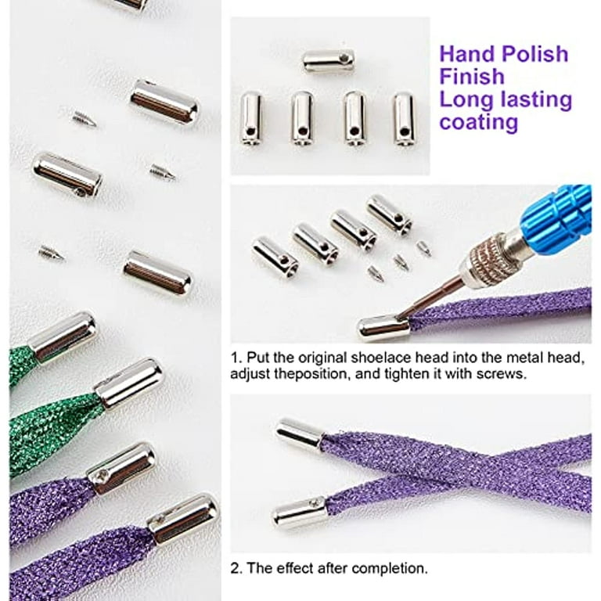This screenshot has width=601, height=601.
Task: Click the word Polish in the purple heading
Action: pyautogui.click(x=535, y=54)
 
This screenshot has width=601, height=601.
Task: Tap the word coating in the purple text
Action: pyautogui.click(x=479, y=123)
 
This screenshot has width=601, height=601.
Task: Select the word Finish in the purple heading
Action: pyautogui.click(x=472, y=77)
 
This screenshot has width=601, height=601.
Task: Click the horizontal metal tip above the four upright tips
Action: pyautogui.click(x=329, y=61)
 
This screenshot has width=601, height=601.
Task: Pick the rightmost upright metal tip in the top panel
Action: pyautogui.click(x=404, y=119)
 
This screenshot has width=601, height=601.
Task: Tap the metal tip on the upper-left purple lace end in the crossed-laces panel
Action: pyautogui.click(x=300, y=434)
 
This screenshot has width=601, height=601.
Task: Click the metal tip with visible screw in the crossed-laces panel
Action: pyautogui.click(x=300, y=513)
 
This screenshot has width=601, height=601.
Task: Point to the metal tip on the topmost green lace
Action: pyautogui.click(x=63, y=337)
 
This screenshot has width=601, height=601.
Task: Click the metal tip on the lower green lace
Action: pyautogui.click(x=129, y=383)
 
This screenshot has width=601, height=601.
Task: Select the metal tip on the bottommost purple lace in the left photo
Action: pyautogui.click(x=183, y=520)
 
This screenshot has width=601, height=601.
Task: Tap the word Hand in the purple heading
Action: pyautogui.click(x=469, y=54)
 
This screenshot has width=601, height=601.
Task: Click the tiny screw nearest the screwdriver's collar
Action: pyautogui.click(x=423, y=248)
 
